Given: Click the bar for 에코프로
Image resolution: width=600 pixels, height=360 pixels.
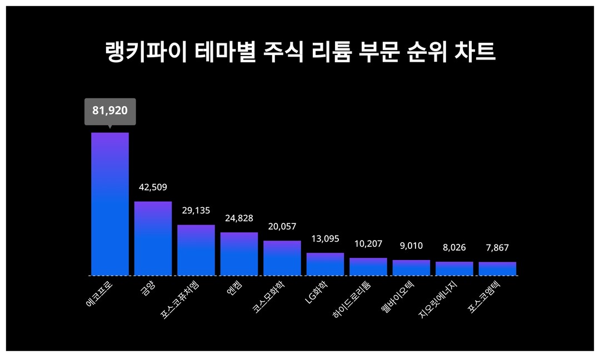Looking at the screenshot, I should point(110,204).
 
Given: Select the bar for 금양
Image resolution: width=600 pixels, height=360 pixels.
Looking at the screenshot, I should point(153,238).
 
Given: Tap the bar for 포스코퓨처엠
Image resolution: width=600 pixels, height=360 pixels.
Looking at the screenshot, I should point(196,250).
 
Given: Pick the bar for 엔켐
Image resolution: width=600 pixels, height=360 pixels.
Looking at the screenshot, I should point(239,254).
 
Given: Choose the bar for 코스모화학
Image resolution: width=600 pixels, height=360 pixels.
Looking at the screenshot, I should point(282,258).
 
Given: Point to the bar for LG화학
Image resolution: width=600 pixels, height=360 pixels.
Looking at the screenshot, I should point(325,264).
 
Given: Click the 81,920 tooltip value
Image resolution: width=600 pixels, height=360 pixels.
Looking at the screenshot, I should point(110,111).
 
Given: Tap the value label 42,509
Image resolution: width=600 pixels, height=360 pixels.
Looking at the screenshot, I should point(153,187).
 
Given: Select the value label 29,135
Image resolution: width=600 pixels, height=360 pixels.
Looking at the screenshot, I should point(196,211).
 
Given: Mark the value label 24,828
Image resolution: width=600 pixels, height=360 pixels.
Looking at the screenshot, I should point(239,218).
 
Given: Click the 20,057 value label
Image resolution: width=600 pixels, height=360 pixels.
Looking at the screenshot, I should point(282,227).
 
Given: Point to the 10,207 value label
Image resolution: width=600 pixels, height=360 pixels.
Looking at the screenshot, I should point(368,244).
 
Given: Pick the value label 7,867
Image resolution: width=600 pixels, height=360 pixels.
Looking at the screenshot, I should point(497,248).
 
